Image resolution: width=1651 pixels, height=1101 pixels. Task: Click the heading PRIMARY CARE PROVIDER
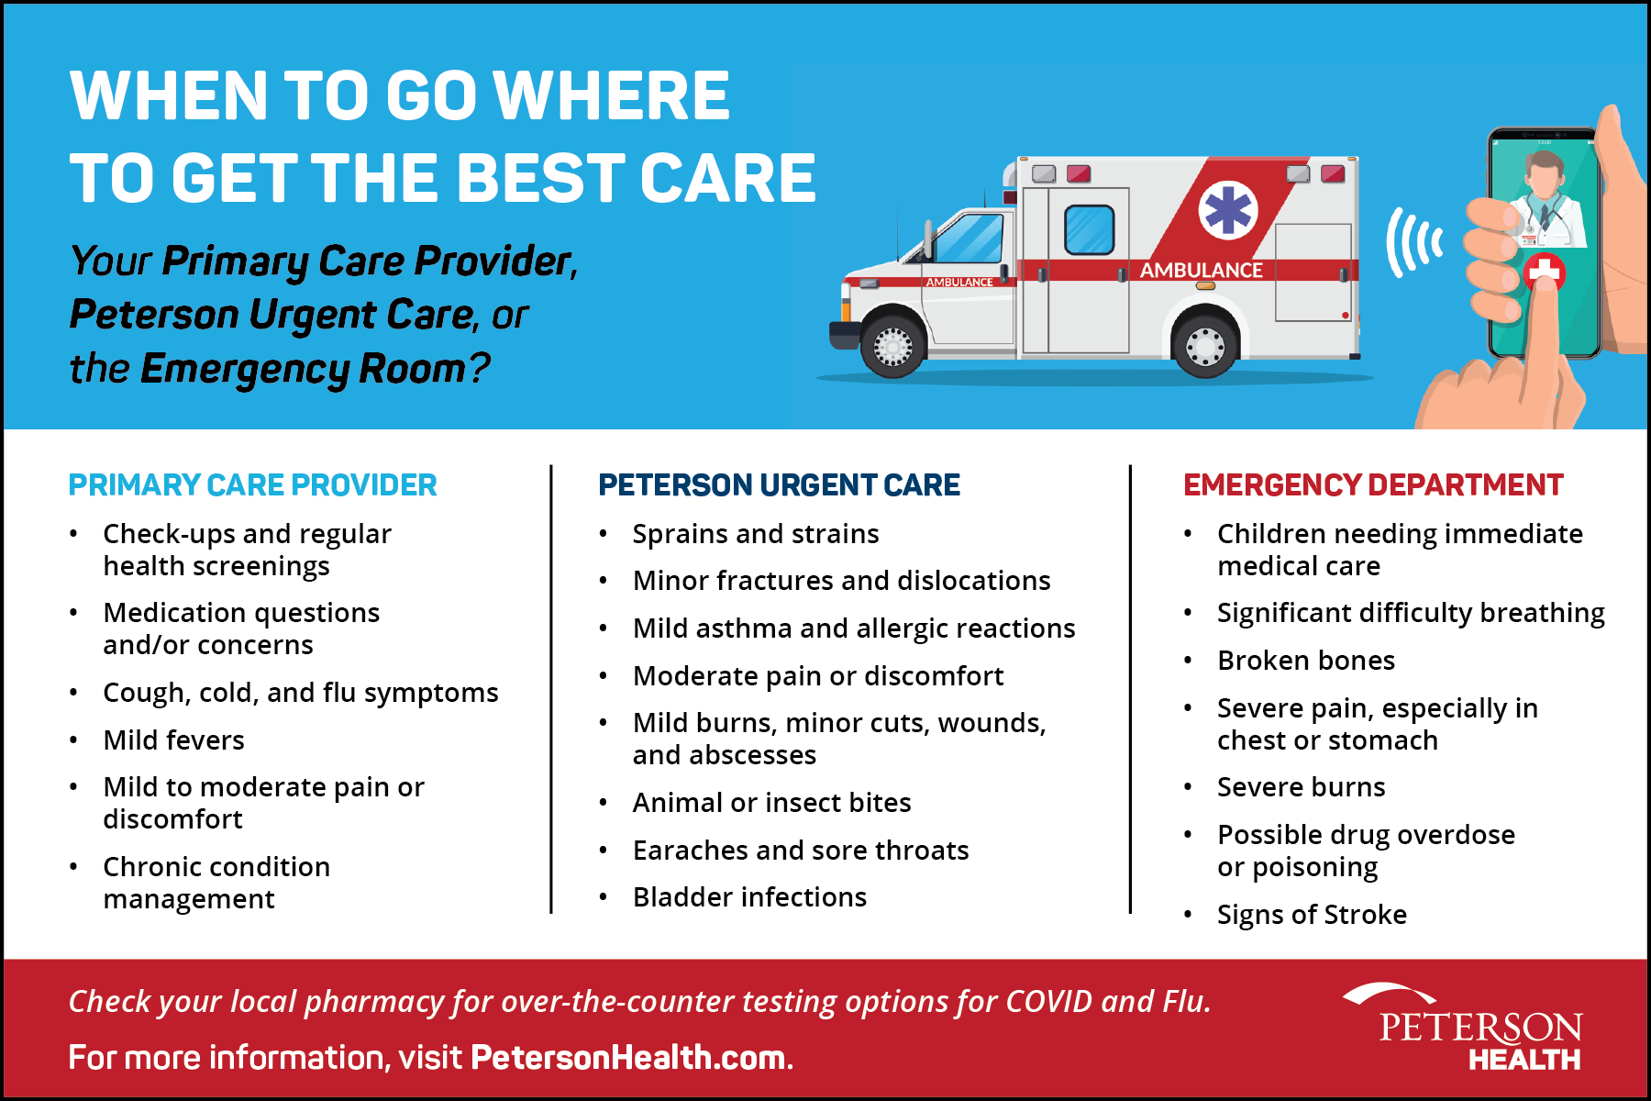click(x=252, y=484)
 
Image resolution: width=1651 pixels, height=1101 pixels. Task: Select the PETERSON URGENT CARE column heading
click(x=779, y=484)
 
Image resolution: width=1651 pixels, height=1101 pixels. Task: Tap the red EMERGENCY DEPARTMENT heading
click(x=1373, y=484)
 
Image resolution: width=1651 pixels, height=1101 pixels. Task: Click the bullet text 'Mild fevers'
click(x=173, y=740)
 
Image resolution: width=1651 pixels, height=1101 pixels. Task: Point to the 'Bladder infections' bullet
click(x=749, y=896)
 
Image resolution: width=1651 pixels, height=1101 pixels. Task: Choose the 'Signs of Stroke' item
click(x=1312, y=914)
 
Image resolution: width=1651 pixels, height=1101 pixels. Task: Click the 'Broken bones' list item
click(x=1306, y=660)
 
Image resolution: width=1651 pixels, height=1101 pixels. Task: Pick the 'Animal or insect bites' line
click(x=771, y=802)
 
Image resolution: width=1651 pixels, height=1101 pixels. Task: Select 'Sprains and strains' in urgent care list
click(x=756, y=533)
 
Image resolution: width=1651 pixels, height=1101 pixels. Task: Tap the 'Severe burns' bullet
click(x=1301, y=786)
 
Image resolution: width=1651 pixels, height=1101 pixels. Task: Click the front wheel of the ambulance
click(x=892, y=346)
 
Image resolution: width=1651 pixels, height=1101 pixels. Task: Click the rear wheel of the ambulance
click(x=1205, y=346)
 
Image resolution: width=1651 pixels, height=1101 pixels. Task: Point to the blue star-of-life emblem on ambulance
click(x=1227, y=210)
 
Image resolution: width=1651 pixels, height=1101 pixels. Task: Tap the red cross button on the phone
click(x=1545, y=272)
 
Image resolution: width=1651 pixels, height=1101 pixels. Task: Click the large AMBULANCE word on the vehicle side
click(x=1201, y=271)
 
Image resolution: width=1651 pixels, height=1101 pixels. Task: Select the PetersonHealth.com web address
click(x=628, y=1057)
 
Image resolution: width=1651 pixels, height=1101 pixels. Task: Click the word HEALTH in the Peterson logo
click(x=1524, y=1060)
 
